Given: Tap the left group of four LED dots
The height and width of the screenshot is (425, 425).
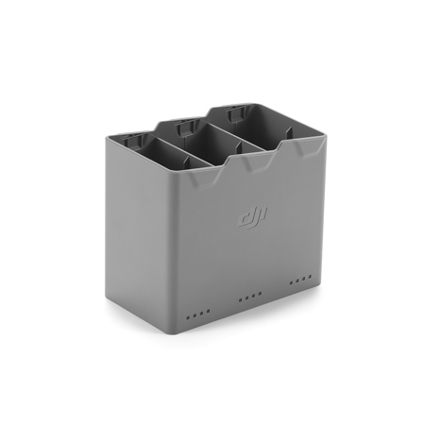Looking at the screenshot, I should [195, 314].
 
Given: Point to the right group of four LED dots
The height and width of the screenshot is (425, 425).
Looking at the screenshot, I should [299, 280].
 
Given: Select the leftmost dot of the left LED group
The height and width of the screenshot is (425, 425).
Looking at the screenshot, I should [188, 316].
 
